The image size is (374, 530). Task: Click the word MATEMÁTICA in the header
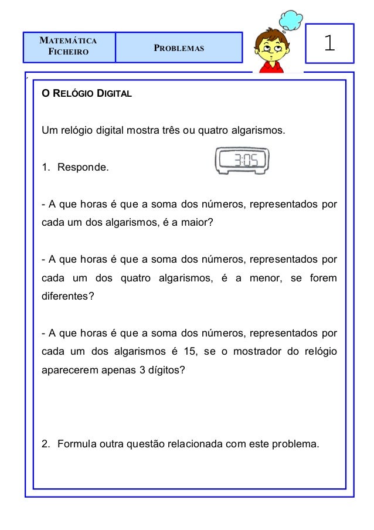click(x=68, y=41)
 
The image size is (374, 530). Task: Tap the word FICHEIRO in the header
click(x=69, y=52)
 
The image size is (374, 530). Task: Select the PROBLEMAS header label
click(x=179, y=47)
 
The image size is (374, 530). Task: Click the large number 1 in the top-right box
click(x=329, y=43)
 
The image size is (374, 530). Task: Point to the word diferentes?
click(x=67, y=296)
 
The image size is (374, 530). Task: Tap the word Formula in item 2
click(x=75, y=444)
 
